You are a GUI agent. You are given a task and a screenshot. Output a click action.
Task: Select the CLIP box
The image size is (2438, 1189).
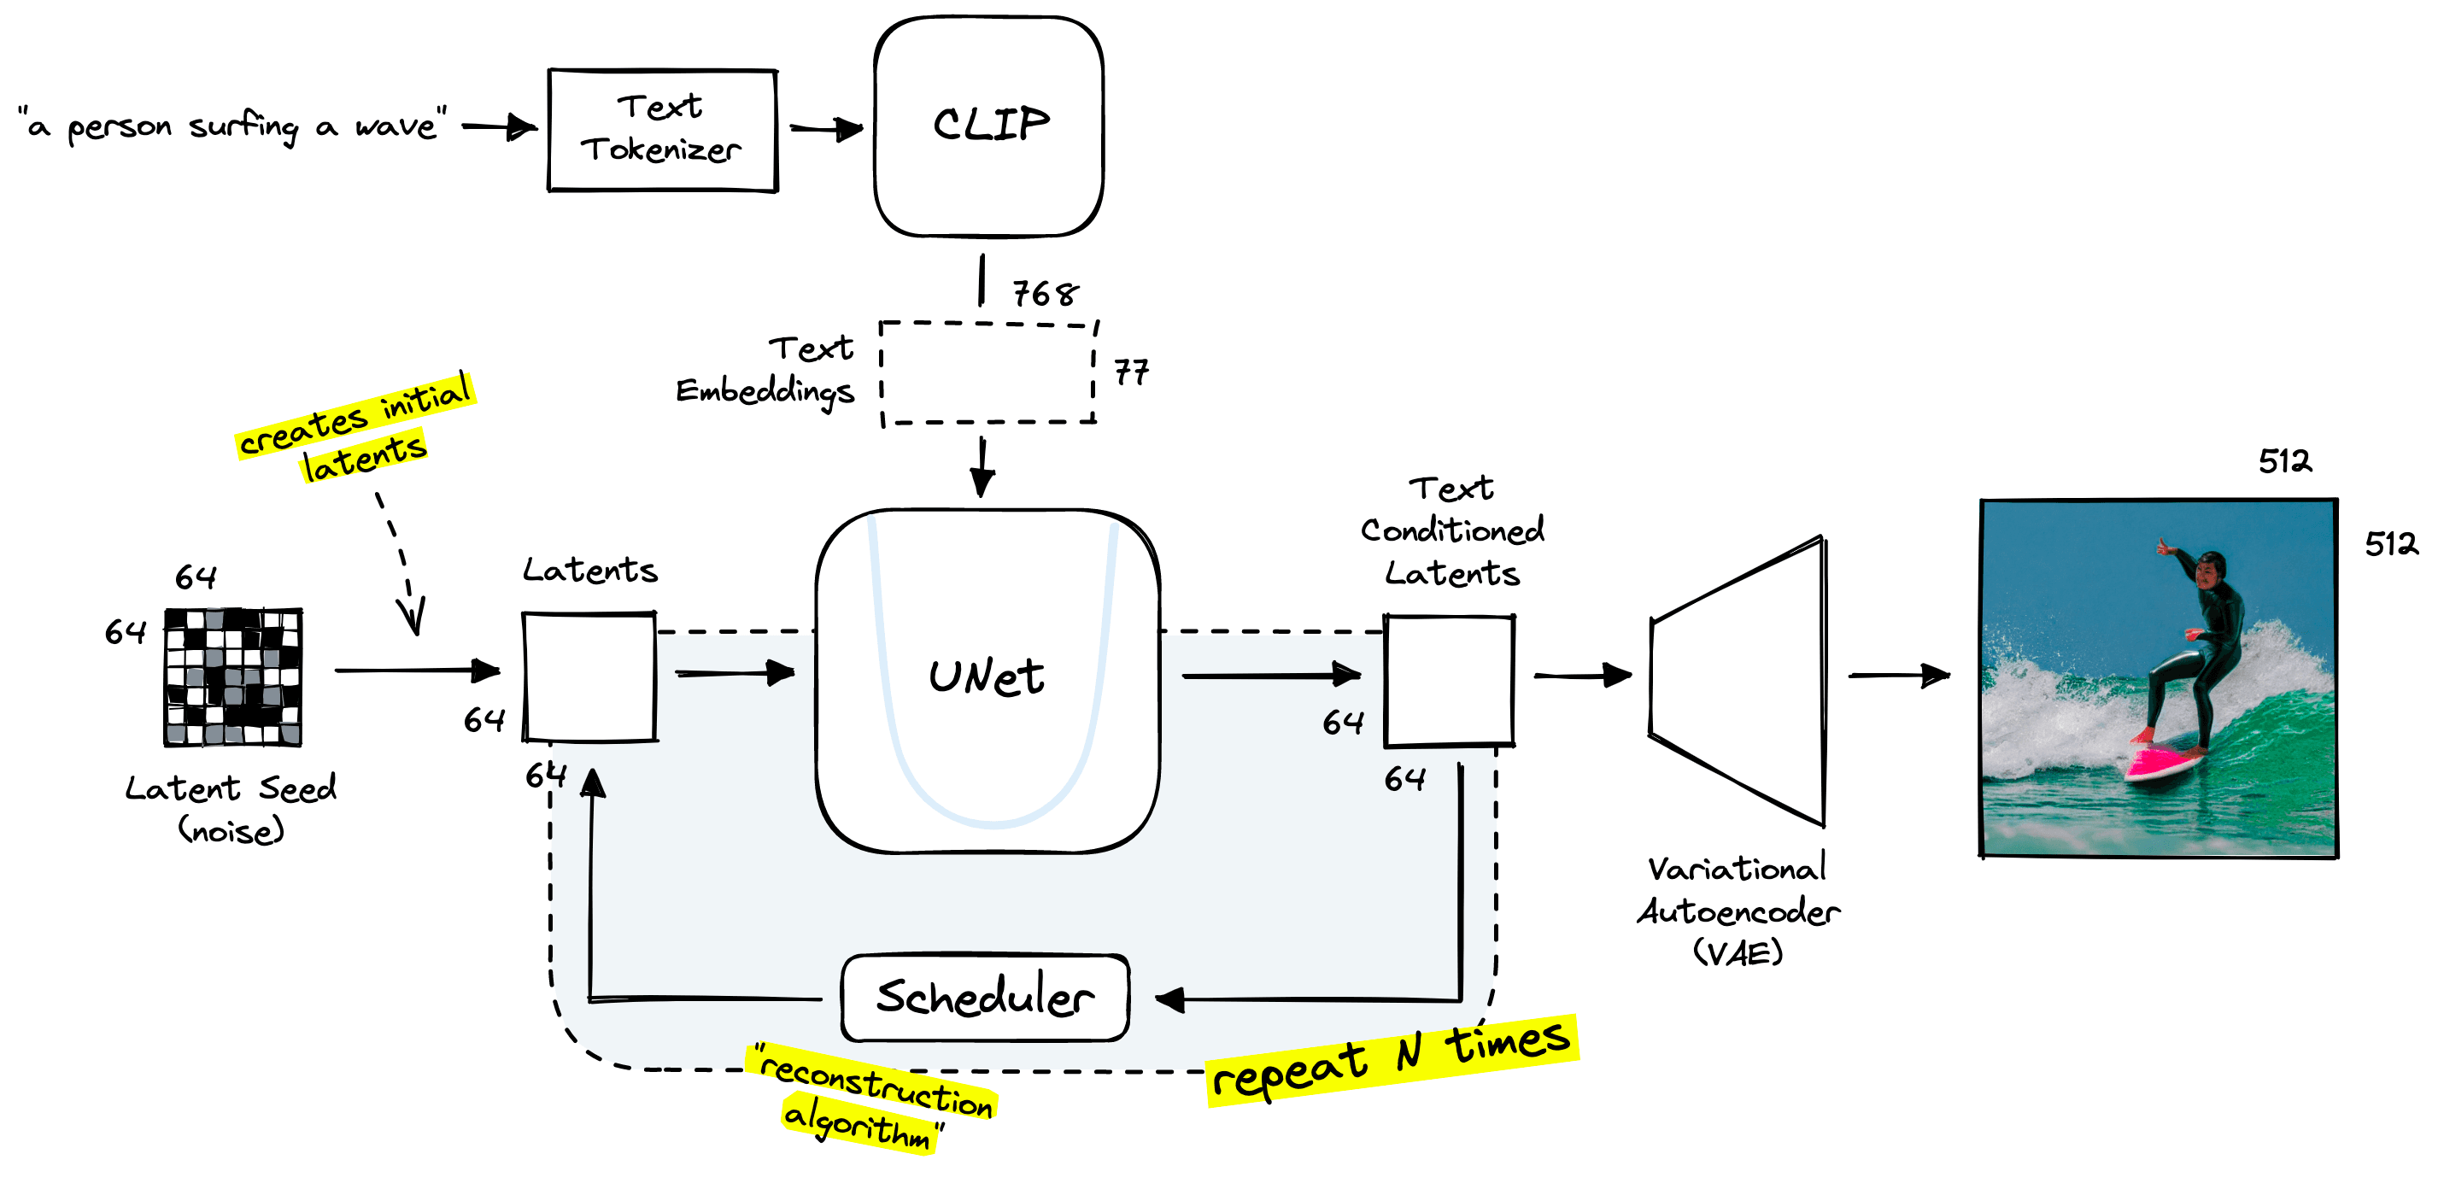pyautogui.click(x=989, y=126)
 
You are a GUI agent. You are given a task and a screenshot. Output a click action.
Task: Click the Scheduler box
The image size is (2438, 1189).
pyautogui.click(x=984, y=997)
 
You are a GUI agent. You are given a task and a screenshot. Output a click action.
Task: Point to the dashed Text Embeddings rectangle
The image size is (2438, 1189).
pyautogui.click(x=988, y=373)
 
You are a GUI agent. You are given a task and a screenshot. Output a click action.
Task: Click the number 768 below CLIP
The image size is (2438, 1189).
pyautogui.click(x=1045, y=294)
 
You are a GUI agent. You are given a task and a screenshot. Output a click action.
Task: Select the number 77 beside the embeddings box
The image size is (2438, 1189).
pyautogui.click(x=1130, y=372)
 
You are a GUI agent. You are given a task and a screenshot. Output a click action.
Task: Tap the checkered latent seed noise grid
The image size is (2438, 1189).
pyautogui.click(x=233, y=676)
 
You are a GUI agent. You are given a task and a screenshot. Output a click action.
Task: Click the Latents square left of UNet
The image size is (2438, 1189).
pyautogui.click(x=589, y=676)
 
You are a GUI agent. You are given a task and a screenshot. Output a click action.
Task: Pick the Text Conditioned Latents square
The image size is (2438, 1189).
pyautogui.click(x=1449, y=681)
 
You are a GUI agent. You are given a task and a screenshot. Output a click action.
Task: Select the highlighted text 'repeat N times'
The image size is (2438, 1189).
pyautogui.click(x=1392, y=1060)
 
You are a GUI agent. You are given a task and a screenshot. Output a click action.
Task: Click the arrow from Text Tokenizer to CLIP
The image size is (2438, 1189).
pyautogui.click(x=825, y=129)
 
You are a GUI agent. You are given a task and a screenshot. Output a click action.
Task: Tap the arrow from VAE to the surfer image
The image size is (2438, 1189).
pyautogui.click(x=1898, y=676)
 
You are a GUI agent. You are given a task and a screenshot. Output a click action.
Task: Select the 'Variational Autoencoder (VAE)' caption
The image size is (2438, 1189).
pyautogui.click(x=1738, y=911)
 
